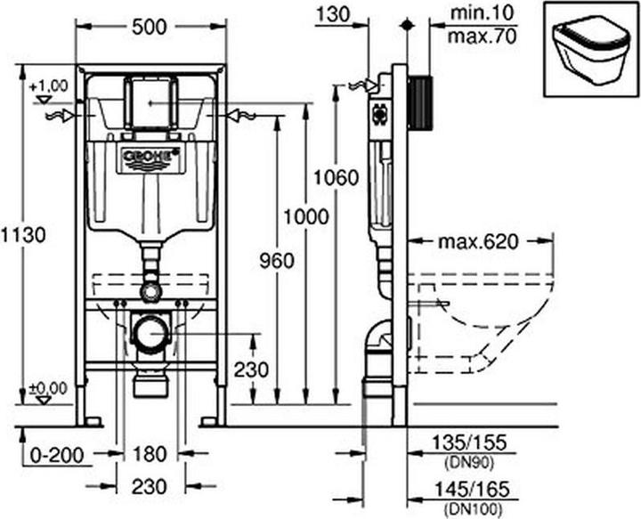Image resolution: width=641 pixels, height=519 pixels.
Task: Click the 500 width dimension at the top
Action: click(x=149, y=28)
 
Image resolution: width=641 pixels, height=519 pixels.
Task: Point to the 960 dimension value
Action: click(x=275, y=260)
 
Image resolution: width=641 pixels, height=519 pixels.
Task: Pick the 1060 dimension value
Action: click(x=335, y=176)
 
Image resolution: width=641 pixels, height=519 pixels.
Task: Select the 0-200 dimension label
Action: click(x=53, y=454)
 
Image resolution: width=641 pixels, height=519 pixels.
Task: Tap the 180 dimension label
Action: click(x=150, y=454)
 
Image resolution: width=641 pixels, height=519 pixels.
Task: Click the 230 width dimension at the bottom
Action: click(x=149, y=486)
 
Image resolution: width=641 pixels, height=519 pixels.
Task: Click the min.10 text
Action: click(x=481, y=13)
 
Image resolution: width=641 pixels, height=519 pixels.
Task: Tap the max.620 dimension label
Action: click(x=479, y=241)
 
